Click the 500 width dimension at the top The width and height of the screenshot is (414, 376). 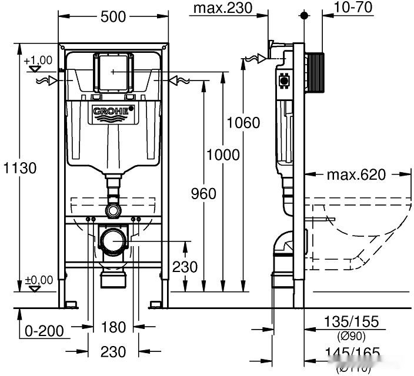113,16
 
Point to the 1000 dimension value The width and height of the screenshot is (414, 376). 223,155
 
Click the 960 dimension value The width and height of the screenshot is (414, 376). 203,193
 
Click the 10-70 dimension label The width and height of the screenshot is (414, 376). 355,8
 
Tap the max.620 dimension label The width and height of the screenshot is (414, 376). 356,174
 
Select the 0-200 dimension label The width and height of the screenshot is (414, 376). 44,330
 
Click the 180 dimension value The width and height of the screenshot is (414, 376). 113,327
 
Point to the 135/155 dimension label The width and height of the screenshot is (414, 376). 352,322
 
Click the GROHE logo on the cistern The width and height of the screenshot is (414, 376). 113,112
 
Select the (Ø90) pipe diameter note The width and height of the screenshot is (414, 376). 352,336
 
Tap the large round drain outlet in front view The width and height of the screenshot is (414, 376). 113,241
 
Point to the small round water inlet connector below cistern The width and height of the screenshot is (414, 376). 113,210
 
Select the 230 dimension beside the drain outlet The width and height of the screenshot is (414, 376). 185,267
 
